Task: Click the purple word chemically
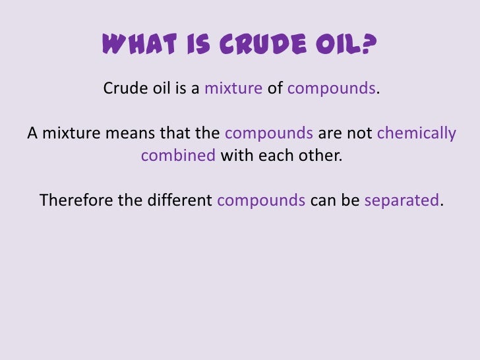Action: tap(416, 133)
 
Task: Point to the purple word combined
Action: tap(178, 157)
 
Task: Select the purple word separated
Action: tap(401, 200)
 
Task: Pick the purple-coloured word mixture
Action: tap(233, 88)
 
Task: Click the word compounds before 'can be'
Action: tap(260, 200)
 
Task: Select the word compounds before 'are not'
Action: tap(269, 134)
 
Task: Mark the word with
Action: tap(233, 157)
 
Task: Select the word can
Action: tap(323, 200)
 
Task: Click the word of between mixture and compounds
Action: tap(275, 88)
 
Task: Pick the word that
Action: tap(172, 133)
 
